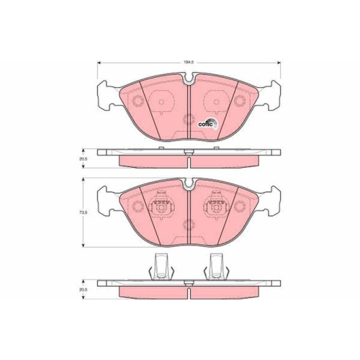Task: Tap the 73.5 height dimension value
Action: (x=84, y=213)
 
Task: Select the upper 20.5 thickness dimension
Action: (x=84, y=158)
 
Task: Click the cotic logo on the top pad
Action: (x=207, y=122)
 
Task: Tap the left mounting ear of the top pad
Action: (x=107, y=94)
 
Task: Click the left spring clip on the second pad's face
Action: (x=160, y=209)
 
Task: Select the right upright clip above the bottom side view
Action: (x=215, y=267)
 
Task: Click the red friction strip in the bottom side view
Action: (x=187, y=292)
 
